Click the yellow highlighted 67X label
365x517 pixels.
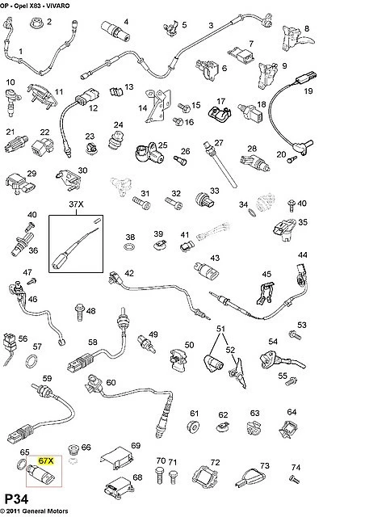(x=45, y=460)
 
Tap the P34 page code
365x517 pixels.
(x=16, y=499)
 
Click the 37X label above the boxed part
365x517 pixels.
(x=76, y=204)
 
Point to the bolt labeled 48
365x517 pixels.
(x=79, y=312)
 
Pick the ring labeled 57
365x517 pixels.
(x=32, y=361)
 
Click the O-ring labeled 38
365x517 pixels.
(x=129, y=246)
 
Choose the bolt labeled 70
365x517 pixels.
(x=160, y=475)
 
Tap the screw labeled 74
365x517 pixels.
(x=294, y=479)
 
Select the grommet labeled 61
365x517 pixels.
(x=193, y=427)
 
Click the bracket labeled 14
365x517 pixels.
(x=158, y=106)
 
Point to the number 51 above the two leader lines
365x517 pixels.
(x=220, y=329)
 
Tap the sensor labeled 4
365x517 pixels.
(x=115, y=31)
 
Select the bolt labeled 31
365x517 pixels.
(x=141, y=203)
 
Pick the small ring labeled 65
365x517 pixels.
(x=21, y=464)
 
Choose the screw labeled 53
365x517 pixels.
(x=295, y=335)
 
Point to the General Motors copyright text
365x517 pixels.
(x=34, y=511)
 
